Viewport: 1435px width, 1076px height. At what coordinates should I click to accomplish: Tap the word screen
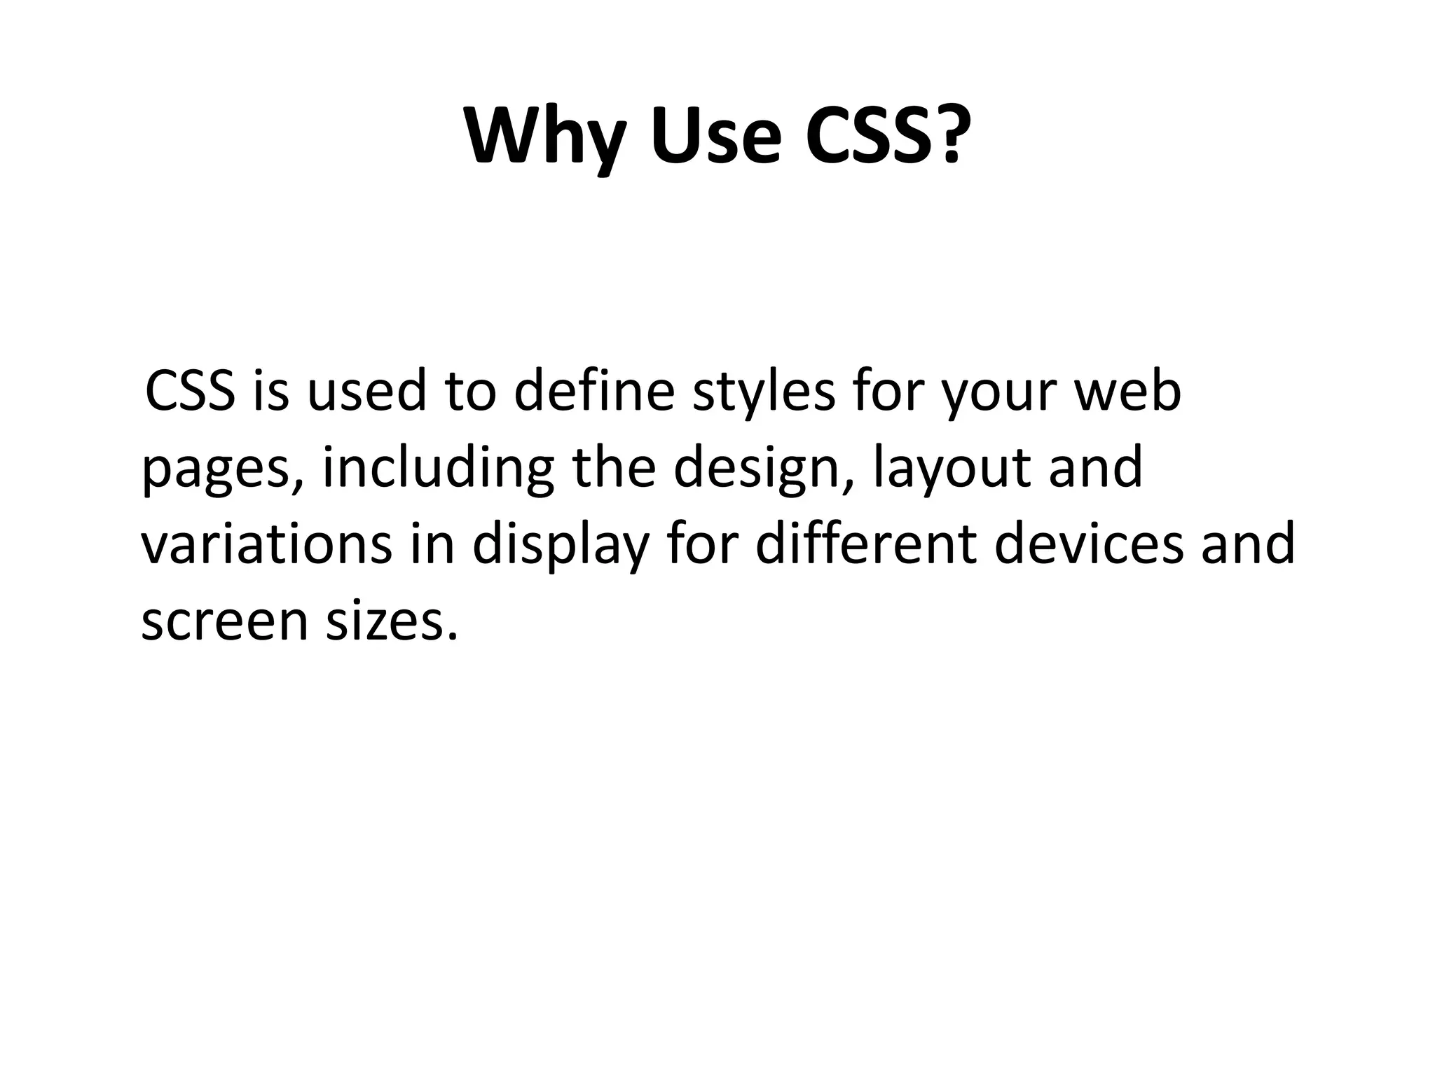point(224,622)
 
